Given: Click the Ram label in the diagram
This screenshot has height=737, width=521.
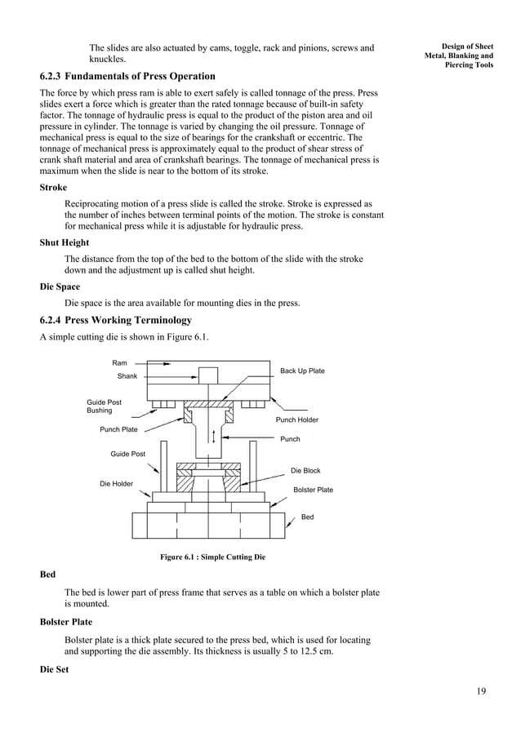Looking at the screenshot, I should [x=119, y=362].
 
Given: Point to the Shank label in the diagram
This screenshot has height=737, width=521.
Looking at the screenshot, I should [x=127, y=376].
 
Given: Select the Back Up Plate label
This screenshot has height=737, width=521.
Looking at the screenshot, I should [x=302, y=371].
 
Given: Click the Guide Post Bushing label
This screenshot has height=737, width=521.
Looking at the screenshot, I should [x=104, y=406].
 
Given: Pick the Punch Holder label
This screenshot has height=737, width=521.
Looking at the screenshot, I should [x=296, y=420].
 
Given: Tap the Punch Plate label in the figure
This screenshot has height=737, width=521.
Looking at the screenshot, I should [x=118, y=428].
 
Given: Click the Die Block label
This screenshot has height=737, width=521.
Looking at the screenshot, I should [x=305, y=471].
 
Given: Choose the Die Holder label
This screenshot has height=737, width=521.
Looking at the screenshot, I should [x=116, y=484].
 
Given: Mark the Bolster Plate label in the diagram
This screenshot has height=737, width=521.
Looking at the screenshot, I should [x=313, y=490].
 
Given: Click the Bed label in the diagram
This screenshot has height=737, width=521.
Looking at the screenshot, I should [x=308, y=517].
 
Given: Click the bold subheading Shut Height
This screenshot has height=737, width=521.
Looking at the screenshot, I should [x=65, y=242].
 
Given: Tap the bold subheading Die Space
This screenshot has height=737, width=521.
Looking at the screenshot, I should [x=60, y=287].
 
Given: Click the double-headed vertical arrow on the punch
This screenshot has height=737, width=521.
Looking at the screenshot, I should [x=213, y=437].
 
